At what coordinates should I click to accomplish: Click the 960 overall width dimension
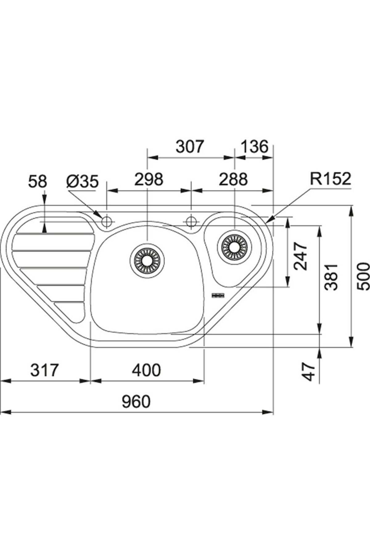tap(136, 402)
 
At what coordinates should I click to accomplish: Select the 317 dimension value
tap(44, 370)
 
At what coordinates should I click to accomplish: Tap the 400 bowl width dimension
tap(146, 370)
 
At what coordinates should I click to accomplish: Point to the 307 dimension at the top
tap(190, 147)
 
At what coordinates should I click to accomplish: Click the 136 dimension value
tap(254, 147)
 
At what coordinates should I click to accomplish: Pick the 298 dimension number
tap(149, 179)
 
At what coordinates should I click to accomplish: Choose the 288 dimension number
tap(233, 179)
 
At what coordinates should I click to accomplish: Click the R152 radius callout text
tap(331, 179)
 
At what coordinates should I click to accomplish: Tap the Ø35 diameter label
tap(82, 182)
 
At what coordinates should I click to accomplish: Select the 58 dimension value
tap(37, 182)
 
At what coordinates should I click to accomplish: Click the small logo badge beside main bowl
tap(217, 295)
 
